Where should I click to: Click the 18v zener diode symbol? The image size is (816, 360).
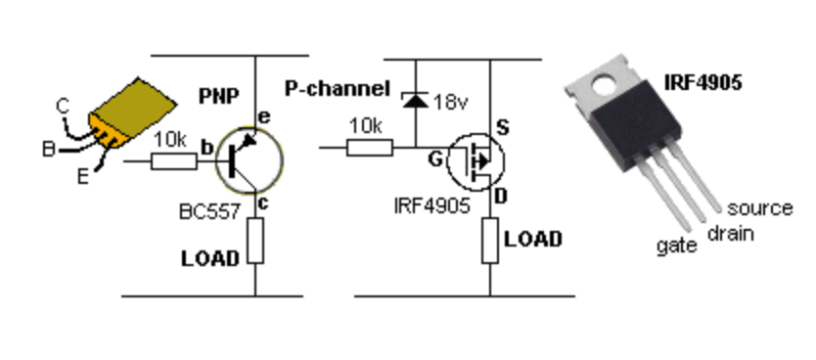pos(415,98)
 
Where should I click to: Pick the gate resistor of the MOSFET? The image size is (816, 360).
pos(370,148)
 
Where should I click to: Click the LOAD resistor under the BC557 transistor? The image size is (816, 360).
pos(255,241)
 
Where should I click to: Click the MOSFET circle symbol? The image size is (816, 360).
pos(475,158)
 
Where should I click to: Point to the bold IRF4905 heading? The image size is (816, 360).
pos(701,84)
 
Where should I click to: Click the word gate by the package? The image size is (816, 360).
pos(674,246)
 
